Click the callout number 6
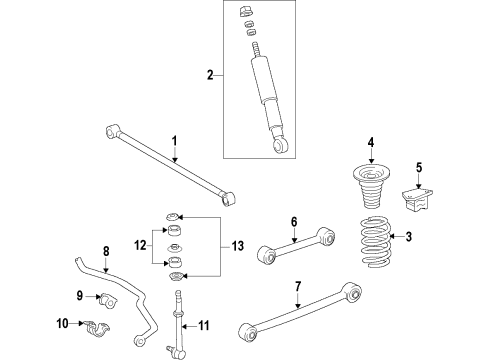[x=294, y=222]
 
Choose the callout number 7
[x=297, y=287]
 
